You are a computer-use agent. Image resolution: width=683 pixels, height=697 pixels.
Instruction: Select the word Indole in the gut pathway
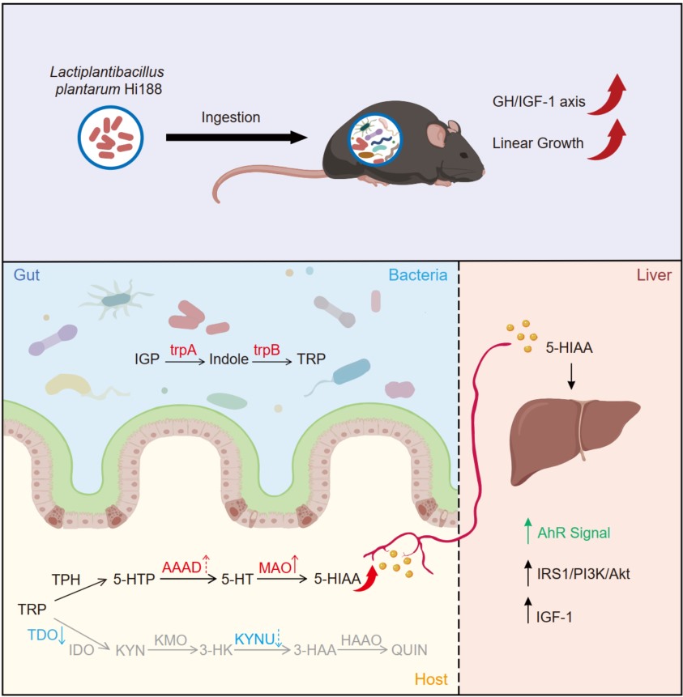pos(228,357)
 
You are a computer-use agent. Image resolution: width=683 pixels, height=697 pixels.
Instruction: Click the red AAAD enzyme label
pos(182,567)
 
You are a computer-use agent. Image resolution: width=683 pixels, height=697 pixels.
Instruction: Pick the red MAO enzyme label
pos(273,567)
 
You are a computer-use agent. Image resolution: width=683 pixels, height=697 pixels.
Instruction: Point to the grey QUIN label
pos(409,650)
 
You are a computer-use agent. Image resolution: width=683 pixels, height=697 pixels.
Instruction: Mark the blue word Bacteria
pos(418,275)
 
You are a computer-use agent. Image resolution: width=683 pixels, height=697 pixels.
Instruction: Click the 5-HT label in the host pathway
pos(233,580)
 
